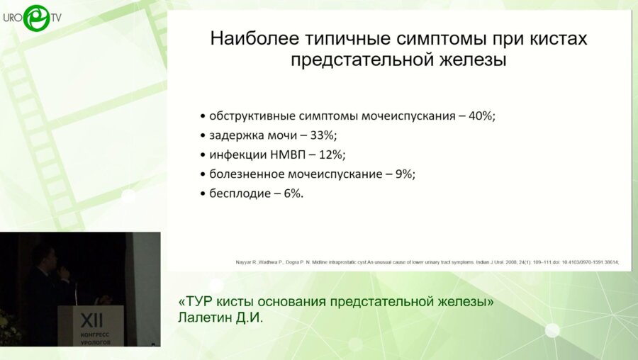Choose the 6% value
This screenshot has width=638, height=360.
(292, 193)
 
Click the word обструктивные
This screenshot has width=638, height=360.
(251, 116)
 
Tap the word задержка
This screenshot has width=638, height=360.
(235, 135)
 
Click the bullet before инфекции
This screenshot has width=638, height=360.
(203, 154)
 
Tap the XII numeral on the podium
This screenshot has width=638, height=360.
(90, 317)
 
